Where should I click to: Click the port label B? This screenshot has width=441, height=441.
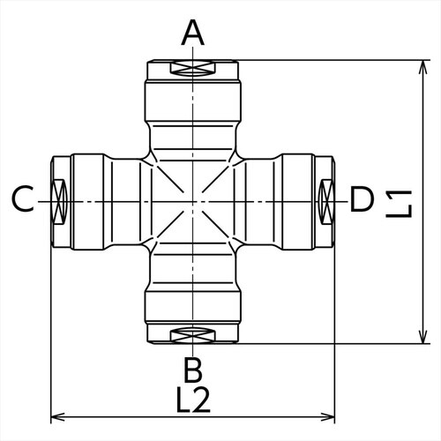pos(193,368)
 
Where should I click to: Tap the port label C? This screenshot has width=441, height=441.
pos(24,201)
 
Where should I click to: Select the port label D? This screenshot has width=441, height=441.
pos(363,201)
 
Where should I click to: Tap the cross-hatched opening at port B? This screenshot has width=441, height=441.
pos(193,335)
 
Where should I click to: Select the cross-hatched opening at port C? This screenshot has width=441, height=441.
pos(61,201)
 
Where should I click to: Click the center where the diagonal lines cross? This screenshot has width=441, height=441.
pos(193,202)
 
